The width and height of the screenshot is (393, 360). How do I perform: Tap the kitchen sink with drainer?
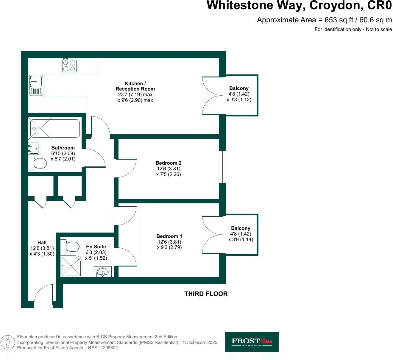[36, 85]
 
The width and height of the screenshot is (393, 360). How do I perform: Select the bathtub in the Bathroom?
[54, 128]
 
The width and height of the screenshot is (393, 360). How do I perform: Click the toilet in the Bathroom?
[38, 163]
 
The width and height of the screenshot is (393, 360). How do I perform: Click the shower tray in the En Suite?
[71, 266]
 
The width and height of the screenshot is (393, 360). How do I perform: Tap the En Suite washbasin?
[103, 272]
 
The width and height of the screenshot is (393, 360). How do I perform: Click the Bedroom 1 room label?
[169, 236]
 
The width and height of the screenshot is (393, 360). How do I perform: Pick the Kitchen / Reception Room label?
[135, 86]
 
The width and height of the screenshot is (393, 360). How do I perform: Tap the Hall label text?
[42, 242]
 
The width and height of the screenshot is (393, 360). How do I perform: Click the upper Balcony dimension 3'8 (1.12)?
[239, 100]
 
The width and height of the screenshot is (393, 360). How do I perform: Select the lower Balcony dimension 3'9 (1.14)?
[241, 240]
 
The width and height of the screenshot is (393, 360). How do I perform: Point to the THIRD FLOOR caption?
[206, 294]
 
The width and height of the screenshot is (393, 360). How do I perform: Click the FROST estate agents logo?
[252, 342]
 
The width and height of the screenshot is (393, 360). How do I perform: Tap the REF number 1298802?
[109, 348]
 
